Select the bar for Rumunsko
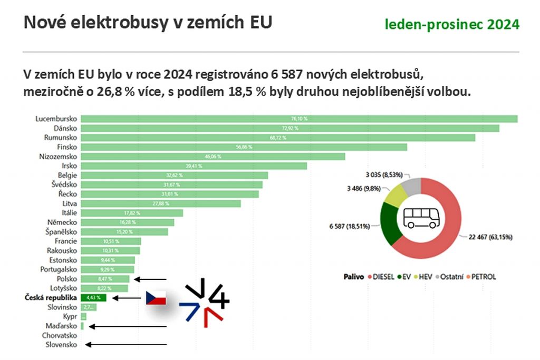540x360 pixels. coord(278,138)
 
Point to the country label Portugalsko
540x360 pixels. coord(59,269)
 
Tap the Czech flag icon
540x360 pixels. coord(156,298)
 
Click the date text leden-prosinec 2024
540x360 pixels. coord(451,24)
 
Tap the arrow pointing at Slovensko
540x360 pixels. coord(127,345)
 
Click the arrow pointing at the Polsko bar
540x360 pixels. coord(150,279)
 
